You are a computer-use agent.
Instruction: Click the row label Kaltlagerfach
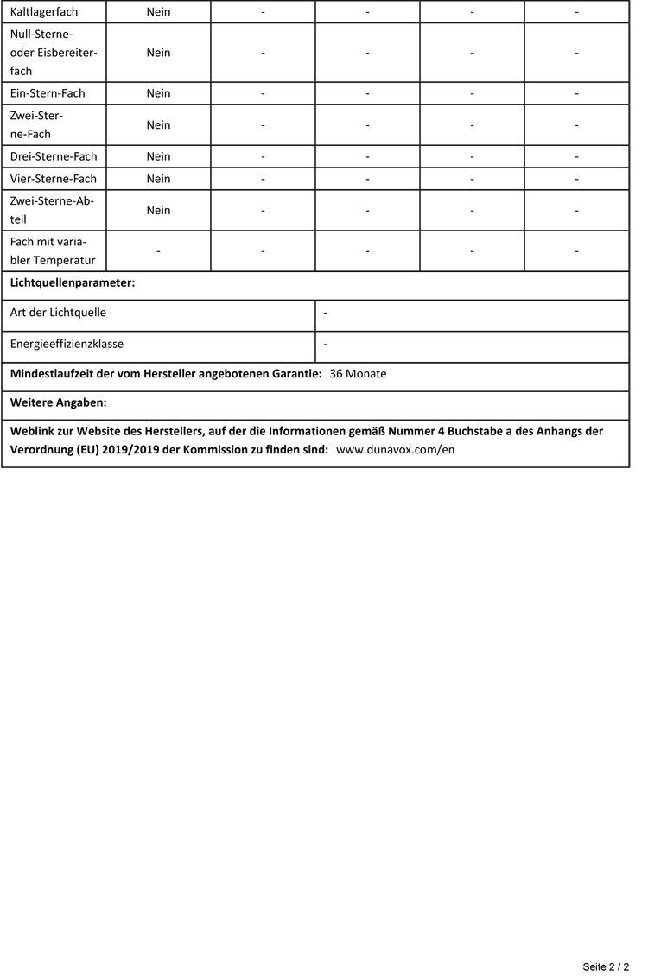[x=44, y=12]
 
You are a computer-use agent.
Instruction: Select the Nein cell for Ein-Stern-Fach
[x=158, y=93]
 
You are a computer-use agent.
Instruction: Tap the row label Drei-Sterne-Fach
[x=54, y=156]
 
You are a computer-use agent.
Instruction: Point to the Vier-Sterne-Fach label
[x=54, y=179]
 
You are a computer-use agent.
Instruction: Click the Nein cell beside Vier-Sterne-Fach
[x=158, y=179]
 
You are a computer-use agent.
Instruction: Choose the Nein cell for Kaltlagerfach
[x=158, y=12]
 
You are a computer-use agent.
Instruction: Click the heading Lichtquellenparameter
[x=73, y=283]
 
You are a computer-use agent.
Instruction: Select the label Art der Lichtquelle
[x=58, y=313]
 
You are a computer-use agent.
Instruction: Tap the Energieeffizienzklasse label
[x=67, y=344]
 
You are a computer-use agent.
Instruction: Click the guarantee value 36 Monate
[x=358, y=374]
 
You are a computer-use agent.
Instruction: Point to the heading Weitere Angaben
[x=58, y=402]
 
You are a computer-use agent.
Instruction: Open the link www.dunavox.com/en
[x=395, y=450]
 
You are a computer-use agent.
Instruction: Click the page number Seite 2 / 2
[x=606, y=966]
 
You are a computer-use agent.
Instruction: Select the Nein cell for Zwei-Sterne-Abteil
[x=158, y=210]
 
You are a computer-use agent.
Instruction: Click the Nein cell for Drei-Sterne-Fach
[x=158, y=156]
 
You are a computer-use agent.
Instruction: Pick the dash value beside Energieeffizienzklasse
[x=325, y=344]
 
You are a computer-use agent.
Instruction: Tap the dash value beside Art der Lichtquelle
[x=325, y=313]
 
